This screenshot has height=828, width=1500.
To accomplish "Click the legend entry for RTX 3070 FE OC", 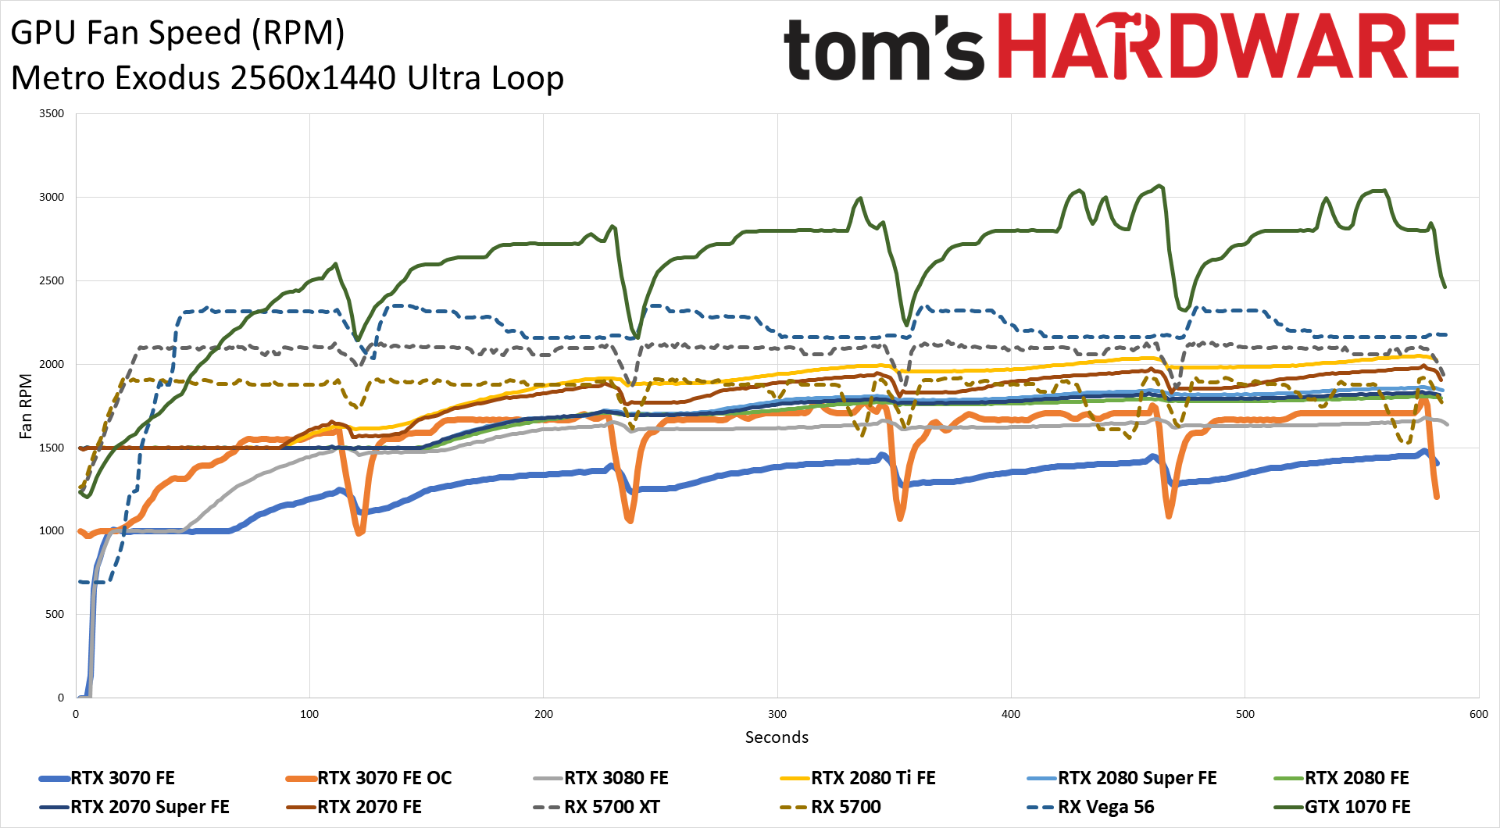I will click(x=384, y=778).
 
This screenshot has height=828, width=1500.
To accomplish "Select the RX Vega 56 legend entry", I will click(x=1105, y=807).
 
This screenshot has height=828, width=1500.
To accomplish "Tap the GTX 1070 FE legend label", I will click(x=1357, y=807).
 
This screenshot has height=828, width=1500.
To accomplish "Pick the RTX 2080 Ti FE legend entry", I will click(x=873, y=778).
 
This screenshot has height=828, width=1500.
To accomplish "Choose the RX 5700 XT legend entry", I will click(x=612, y=807).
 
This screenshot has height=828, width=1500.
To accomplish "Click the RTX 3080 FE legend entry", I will click(x=616, y=778).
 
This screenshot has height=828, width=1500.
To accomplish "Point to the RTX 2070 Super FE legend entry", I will click(x=149, y=807).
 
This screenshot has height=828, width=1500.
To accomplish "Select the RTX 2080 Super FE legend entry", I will click(x=1137, y=778).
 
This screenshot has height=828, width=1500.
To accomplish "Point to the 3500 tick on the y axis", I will click(x=52, y=114).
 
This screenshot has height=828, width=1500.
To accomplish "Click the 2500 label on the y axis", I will click(x=52, y=280).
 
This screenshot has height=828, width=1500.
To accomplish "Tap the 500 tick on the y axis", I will click(x=55, y=615).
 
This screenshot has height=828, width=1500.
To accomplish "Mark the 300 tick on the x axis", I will click(x=777, y=714).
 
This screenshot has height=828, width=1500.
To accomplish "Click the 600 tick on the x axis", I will click(x=1479, y=714).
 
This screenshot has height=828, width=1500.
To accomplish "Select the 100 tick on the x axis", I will click(x=309, y=714).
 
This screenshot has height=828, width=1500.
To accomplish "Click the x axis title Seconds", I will click(x=777, y=737).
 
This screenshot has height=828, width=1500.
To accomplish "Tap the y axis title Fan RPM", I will click(x=26, y=406).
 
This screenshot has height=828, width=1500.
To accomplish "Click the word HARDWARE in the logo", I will click(x=1228, y=47).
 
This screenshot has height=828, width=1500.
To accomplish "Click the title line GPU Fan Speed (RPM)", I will click(x=178, y=33).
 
